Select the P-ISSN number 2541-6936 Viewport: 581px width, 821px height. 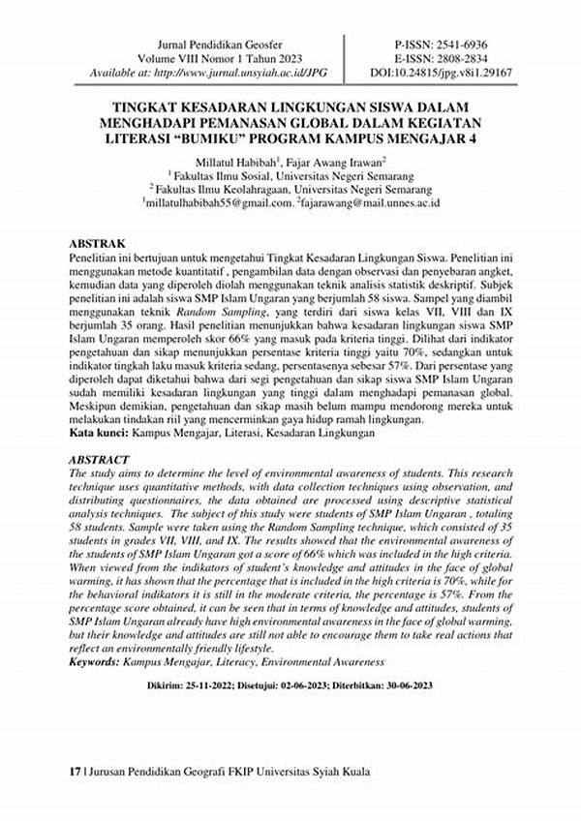(x=467, y=46)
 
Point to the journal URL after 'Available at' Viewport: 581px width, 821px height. (x=246, y=73)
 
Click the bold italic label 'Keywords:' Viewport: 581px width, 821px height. (x=95, y=661)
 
